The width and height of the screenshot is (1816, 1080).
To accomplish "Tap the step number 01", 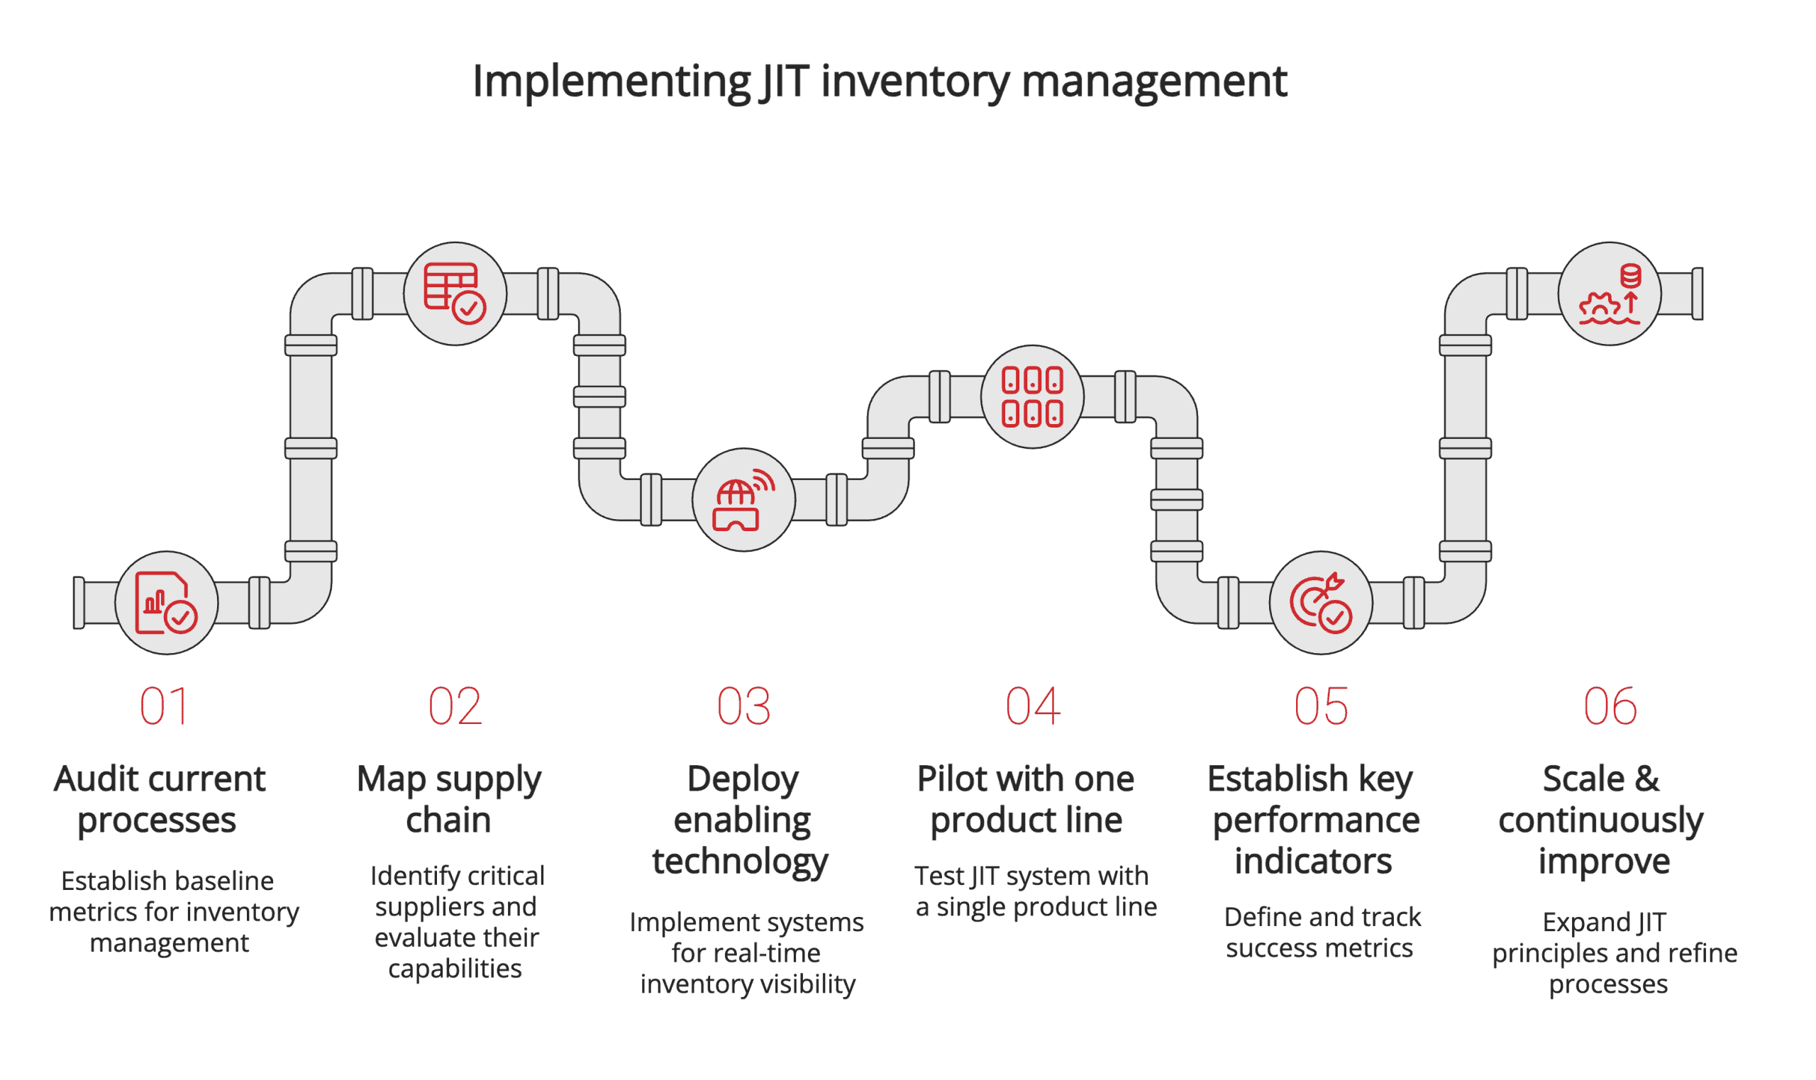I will [x=164, y=708].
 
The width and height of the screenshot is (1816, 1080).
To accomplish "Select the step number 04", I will [x=1033, y=708].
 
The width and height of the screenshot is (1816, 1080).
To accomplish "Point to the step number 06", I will [x=1611, y=708].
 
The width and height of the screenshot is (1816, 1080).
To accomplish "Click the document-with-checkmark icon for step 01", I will [x=166, y=603].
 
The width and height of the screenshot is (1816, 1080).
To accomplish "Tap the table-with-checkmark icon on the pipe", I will [x=455, y=294].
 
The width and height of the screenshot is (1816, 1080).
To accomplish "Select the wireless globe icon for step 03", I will [x=743, y=501].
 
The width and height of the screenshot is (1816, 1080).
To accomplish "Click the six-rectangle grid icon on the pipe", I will [x=1032, y=397].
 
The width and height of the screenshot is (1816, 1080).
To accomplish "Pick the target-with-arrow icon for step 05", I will [x=1321, y=603].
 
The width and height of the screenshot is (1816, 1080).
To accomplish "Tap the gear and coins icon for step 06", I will [x=1610, y=294].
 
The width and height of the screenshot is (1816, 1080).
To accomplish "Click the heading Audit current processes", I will [x=159, y=801].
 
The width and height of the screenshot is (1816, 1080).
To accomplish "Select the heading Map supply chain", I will [x=448, y=801].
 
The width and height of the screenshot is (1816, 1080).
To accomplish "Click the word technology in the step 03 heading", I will [x=740, y=862].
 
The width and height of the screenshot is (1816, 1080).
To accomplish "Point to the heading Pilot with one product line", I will [x=1026, y=801].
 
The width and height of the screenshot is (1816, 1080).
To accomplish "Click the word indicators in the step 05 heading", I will [x=1314, y=862].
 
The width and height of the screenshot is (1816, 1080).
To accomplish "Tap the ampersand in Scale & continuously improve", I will [x=1647, y=780].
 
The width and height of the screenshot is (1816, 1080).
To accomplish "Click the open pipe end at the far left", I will [x=79, y=603].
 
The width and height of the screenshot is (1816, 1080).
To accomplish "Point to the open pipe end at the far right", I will [x=1698, y=294].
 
